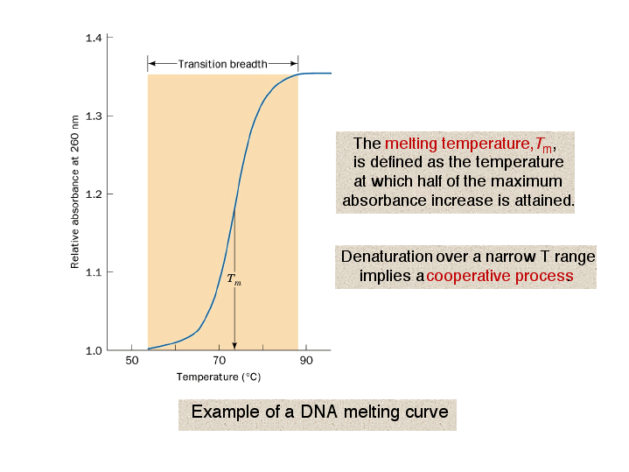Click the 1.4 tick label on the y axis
(94, 39)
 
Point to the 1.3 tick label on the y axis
(94, 116)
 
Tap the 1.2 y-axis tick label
(94, 194)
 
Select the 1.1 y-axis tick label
(94, 272)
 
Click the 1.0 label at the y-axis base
(94, 350)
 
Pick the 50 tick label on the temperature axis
(131, 360)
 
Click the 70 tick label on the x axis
(219, 360)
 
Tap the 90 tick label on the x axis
(306, 360)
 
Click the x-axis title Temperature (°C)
(219, 377)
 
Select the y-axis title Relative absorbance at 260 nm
(74, 192)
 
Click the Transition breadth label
(222, 64)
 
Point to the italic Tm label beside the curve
(234, 278)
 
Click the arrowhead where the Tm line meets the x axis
(234, 346)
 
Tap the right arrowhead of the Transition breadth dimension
(294, 63)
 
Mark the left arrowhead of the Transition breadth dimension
(151, 63)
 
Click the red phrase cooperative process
(500, 276)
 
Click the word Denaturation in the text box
(387, 257)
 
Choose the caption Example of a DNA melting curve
(319, 412)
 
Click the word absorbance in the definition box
(384, 200)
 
